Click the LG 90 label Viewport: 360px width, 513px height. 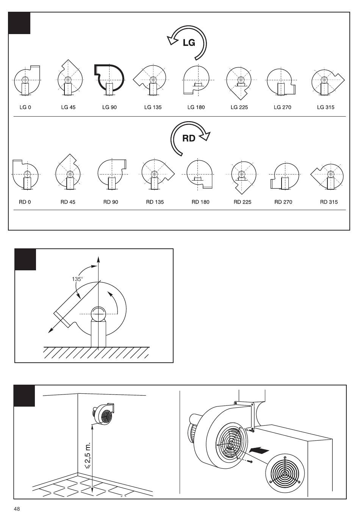pos(110,107)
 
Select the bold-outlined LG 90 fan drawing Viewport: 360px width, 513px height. pos(109,79)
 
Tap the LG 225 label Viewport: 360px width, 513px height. pos(239,107)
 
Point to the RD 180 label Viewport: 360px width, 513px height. pos(200,202)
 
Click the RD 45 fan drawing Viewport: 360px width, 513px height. pos(68,173)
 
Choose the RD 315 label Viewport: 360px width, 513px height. pos(329,202)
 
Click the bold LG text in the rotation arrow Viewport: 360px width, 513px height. pos(189,43)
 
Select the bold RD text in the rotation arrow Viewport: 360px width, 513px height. pos(189,138)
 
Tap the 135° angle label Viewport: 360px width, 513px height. pos(77,279)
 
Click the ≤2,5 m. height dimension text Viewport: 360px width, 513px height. pos(88,455)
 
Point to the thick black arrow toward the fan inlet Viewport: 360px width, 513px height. pos(259,451)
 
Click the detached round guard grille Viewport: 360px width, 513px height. pos(285,473)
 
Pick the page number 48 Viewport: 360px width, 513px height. pos(17,509)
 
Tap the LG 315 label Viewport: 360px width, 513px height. pos(326,107)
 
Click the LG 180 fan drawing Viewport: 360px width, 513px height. pos(196,80)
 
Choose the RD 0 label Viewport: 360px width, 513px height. pos(25,202)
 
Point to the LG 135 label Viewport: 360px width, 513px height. pos(153,107)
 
